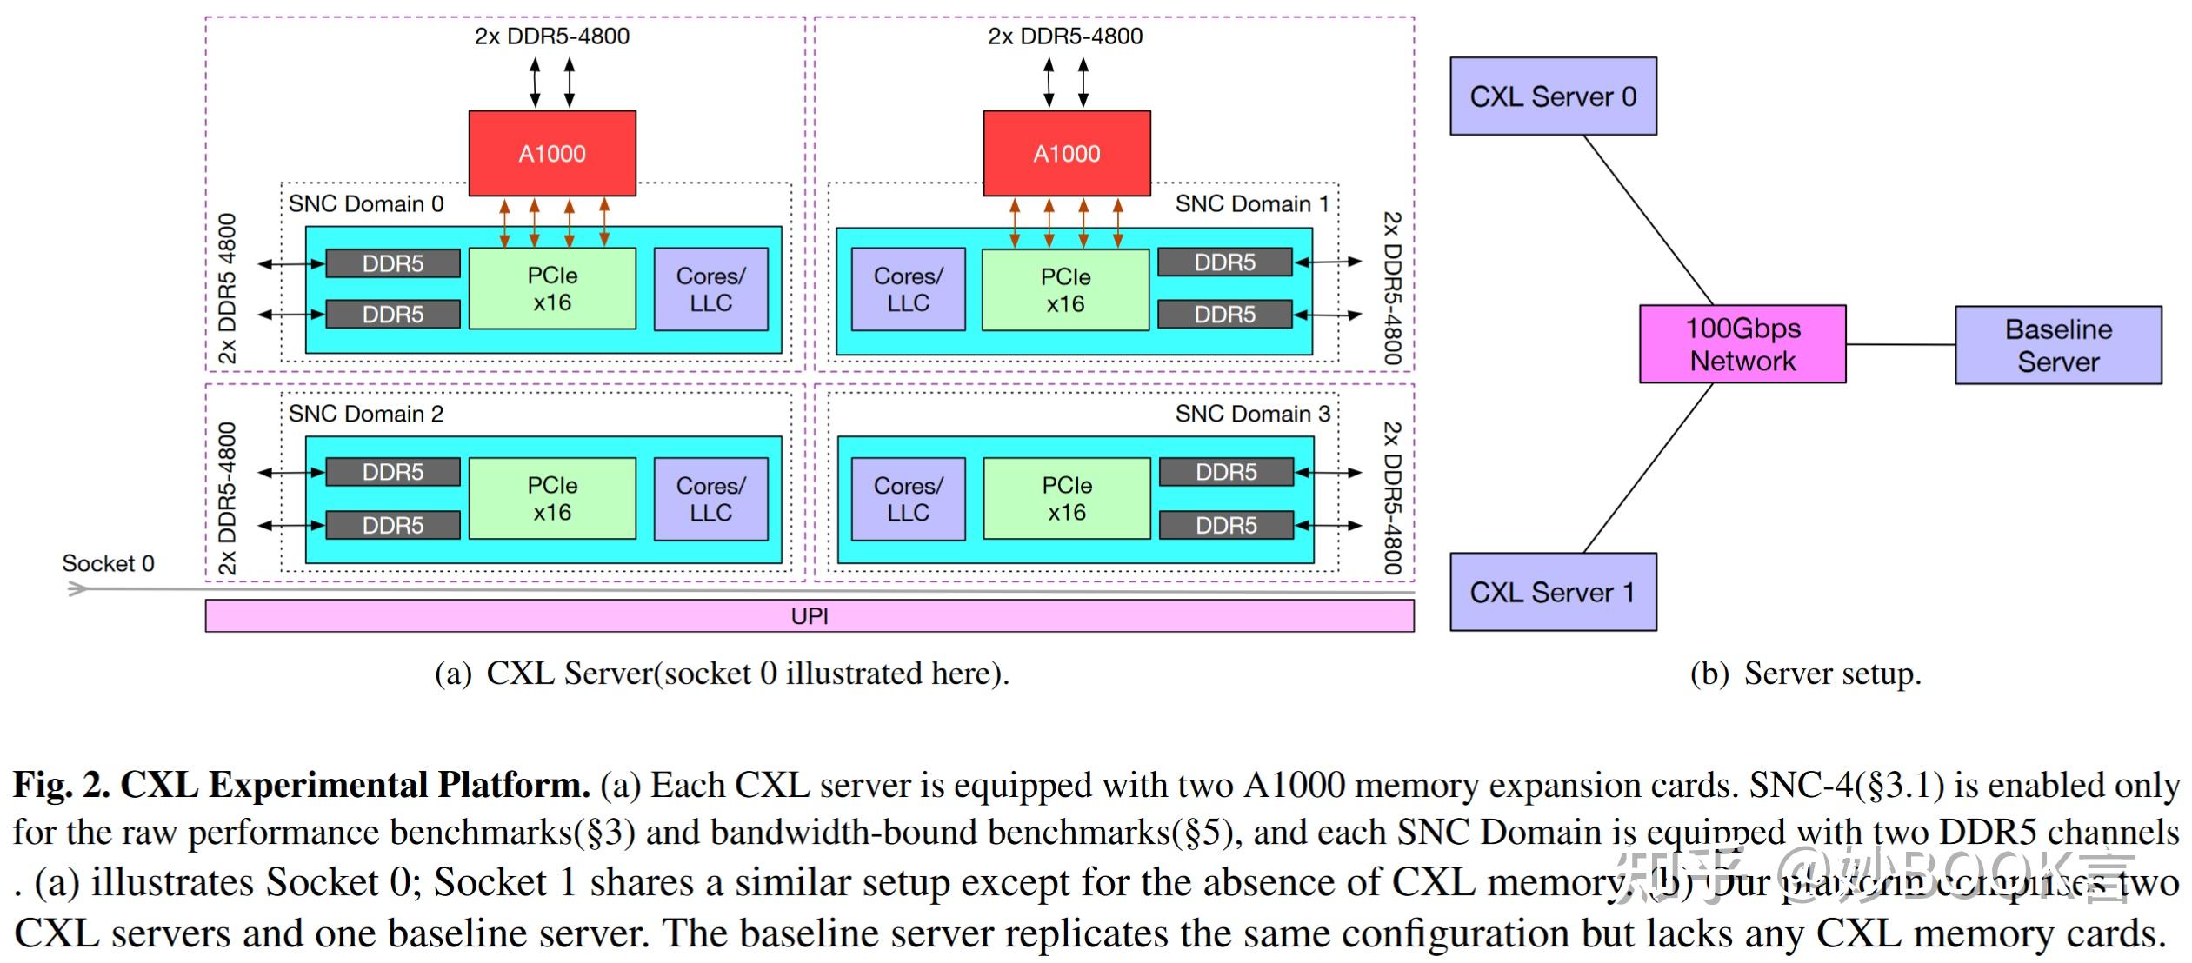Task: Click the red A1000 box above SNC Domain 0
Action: pyautogui.click(x=552, y=153)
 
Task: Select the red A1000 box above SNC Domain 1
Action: pyautogui.click(x=1066, y=153)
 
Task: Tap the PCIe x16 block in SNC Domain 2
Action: pyautogui.click(x=552, y=498)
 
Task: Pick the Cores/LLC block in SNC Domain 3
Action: pyautogui.click(x=908, y=499)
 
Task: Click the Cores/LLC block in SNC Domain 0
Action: pyautogui.click(x=710, y=289)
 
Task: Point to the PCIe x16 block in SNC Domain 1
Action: pyautogui.click(x=1065, y=290)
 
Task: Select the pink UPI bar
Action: pyautogui.click(x=809, y=616)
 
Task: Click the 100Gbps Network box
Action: pyautogui.click(x=1742, y=344)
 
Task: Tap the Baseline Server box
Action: pyautogui.click(x=2057, y=345)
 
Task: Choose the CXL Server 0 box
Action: pyautogui.click(x=1552, y=96)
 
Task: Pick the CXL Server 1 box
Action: pyautogui.click(x=1552, y=592)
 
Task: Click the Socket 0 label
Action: pyautogui.click(x=108, y=563)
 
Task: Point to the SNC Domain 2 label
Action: pyautogui.click(x=366, y=414)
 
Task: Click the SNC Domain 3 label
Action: pyautogui.click(x=1252, y=414)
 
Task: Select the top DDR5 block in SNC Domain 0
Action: pyautogui.click(x=393, y=263)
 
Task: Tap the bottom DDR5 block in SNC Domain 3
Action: pyautogui.click(x=1226, y=525)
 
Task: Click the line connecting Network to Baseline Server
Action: pyautogui.click(x=1900, y=345)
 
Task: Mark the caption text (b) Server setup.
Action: pyautogui.click(x=1805, y=674)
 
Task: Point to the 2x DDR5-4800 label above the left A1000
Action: pyautogui.click(x=551, y=37)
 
